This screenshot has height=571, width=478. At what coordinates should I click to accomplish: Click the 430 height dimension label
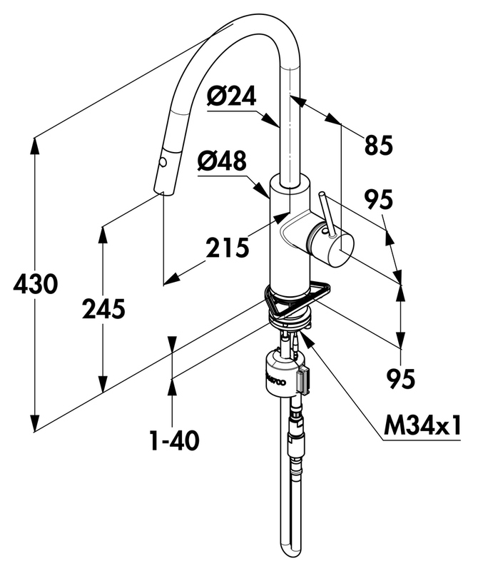35,285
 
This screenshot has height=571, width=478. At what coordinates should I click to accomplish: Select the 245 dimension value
103,309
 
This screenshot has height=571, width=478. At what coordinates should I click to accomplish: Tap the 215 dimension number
227,248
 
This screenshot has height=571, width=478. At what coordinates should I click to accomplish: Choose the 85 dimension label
378,146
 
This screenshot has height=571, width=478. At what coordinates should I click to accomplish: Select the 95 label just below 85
377,201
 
